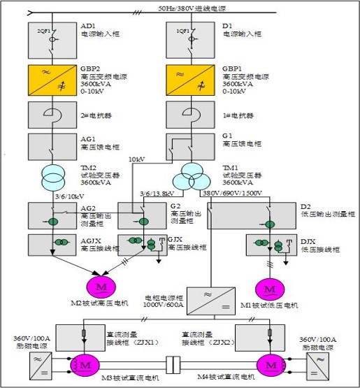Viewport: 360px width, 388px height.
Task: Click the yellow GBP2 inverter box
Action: pos(53,82)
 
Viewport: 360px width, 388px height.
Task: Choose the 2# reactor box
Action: pos(53,113)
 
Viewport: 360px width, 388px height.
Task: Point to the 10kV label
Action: pos(138,159)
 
